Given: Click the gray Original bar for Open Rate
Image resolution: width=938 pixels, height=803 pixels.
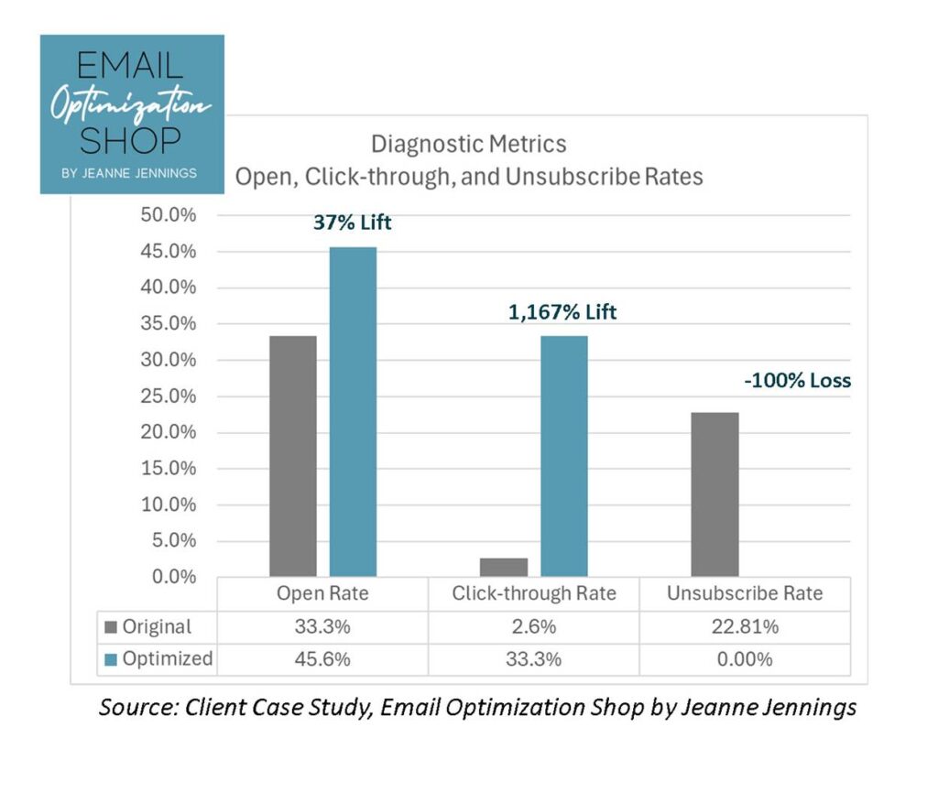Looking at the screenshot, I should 293,456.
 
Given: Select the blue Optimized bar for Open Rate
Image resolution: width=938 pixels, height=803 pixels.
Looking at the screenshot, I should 353,412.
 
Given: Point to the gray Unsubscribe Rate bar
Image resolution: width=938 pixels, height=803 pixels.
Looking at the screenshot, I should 715,494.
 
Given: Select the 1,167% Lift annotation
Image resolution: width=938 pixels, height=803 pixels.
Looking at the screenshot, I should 562,312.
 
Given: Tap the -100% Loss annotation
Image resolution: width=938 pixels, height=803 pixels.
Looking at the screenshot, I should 797,380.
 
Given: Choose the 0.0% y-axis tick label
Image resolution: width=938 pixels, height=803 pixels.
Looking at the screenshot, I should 174,577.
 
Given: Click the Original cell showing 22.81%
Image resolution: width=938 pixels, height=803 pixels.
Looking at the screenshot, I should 745,627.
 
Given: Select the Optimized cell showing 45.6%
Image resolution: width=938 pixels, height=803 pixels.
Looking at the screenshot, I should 322,659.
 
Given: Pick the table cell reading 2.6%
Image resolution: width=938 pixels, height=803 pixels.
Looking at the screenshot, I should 533,627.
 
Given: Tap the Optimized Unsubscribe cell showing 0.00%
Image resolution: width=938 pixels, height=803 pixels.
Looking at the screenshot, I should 745,659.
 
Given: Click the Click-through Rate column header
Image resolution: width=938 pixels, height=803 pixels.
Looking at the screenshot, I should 533,593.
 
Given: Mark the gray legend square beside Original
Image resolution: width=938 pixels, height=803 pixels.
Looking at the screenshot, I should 113,627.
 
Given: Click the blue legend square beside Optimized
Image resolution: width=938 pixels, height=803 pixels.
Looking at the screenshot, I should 113,659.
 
